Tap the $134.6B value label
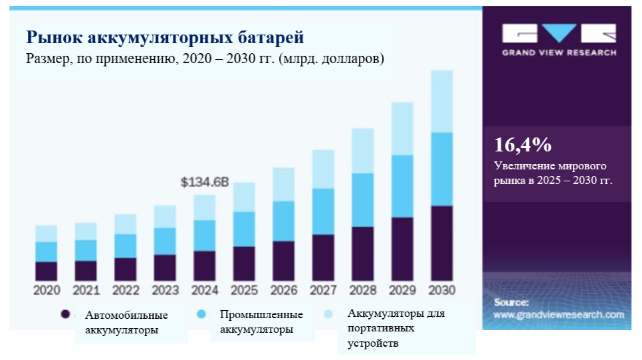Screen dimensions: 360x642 [205, 182]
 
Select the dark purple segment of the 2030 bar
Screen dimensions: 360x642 [442, 243]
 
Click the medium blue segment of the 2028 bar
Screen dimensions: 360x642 [363, 200]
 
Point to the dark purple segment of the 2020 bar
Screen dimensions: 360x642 [47, 271]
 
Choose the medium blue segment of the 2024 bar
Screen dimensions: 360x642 [205, 235]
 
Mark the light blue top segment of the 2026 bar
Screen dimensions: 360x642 [284, 184]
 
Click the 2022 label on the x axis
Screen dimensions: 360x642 [126, 290]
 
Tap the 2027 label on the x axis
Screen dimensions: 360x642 [324, 290]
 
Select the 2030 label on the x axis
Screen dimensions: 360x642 [442, 290]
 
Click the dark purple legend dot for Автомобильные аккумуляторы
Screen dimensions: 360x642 [65, 314]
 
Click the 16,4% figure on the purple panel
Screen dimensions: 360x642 [523, 145]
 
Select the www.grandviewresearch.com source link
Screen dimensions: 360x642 [559, 315]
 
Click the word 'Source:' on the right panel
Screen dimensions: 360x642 [511, 302]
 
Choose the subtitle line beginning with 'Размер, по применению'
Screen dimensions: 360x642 [205, 58]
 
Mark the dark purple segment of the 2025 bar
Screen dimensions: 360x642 [244, 264]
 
